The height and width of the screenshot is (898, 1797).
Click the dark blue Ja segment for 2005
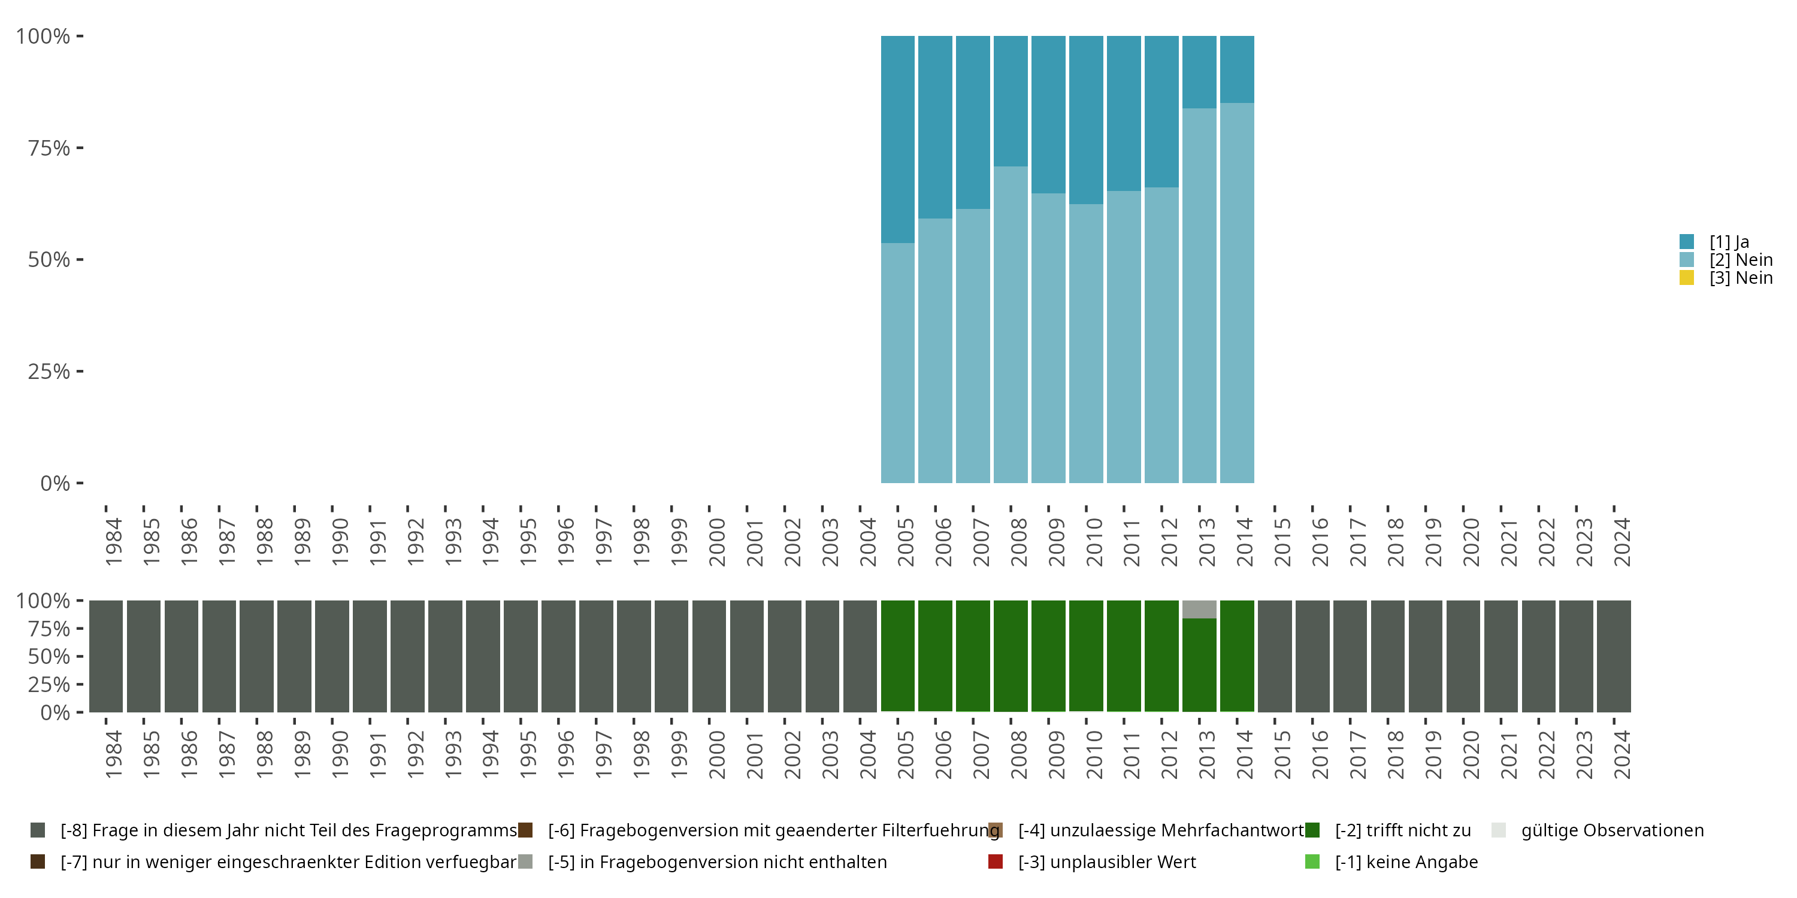pos(898,139)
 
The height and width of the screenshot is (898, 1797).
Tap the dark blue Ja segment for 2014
pos(1237,69)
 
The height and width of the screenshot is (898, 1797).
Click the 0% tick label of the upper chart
pos(55,483)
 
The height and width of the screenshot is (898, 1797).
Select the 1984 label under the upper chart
pos(114,542)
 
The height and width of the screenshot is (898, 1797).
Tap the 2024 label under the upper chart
pos(1622,542)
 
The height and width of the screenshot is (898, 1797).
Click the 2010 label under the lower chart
pos(1094,754)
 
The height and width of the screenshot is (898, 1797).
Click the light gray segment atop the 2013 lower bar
pos(1199,609)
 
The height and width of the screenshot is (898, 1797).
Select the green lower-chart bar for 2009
pos(1048,656)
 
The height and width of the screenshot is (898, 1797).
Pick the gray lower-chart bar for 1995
pos(521,656)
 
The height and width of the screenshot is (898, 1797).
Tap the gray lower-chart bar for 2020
pos(1463,656)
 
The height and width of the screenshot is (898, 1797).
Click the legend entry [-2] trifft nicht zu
pos(1402,830)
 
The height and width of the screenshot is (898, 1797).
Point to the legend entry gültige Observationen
pos(1611,830)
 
